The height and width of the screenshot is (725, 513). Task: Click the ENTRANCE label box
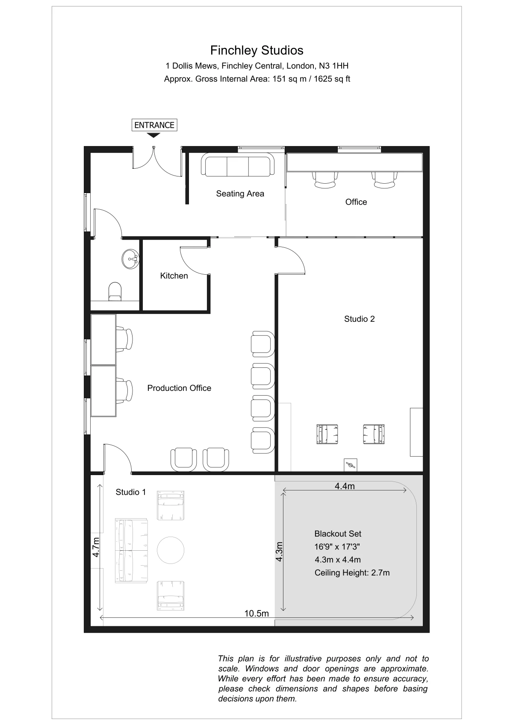point(154,125)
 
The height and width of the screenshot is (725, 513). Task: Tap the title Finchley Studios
point(257,50)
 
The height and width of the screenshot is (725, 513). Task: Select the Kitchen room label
point(174,276)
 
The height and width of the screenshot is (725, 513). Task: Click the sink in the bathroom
point(130,259)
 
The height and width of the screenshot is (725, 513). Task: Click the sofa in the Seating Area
point(238,165)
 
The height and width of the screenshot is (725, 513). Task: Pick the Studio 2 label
point(359,319)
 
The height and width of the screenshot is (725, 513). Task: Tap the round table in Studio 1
point(171,550)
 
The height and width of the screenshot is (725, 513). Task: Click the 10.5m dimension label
point(256,613)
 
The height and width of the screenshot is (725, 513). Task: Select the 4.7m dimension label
point(96,547)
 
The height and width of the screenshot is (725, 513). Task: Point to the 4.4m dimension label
point(345,486)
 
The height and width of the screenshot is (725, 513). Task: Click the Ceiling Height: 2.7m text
point(352,572)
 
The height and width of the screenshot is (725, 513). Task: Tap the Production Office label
point(179,388)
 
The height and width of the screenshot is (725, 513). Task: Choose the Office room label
point(356,202)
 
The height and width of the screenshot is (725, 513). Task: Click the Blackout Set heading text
point(338,534)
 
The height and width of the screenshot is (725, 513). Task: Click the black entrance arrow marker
point(153,135)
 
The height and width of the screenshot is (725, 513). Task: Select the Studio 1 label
point(130,492)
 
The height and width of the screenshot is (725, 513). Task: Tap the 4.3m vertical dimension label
point(279,552)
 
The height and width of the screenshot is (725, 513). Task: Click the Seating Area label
point(240,194)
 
